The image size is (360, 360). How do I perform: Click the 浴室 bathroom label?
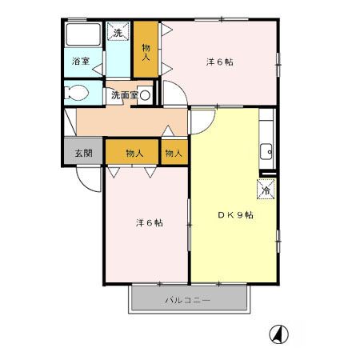point(79,61)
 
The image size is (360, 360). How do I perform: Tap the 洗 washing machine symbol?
point(118,33)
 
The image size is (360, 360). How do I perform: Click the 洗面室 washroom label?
point(124,94)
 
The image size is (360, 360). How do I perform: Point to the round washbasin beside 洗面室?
point(145,94)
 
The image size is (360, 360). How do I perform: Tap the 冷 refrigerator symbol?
point(266,190)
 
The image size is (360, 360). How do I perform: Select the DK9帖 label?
point(237,215)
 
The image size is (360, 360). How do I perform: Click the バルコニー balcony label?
point(189,302)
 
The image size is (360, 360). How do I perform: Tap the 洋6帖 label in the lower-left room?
point(146,223)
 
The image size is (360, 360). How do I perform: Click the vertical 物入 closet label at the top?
point(146,50)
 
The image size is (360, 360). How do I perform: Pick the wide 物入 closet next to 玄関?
point(134,153)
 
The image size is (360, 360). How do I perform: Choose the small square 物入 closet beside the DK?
point(174,153)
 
